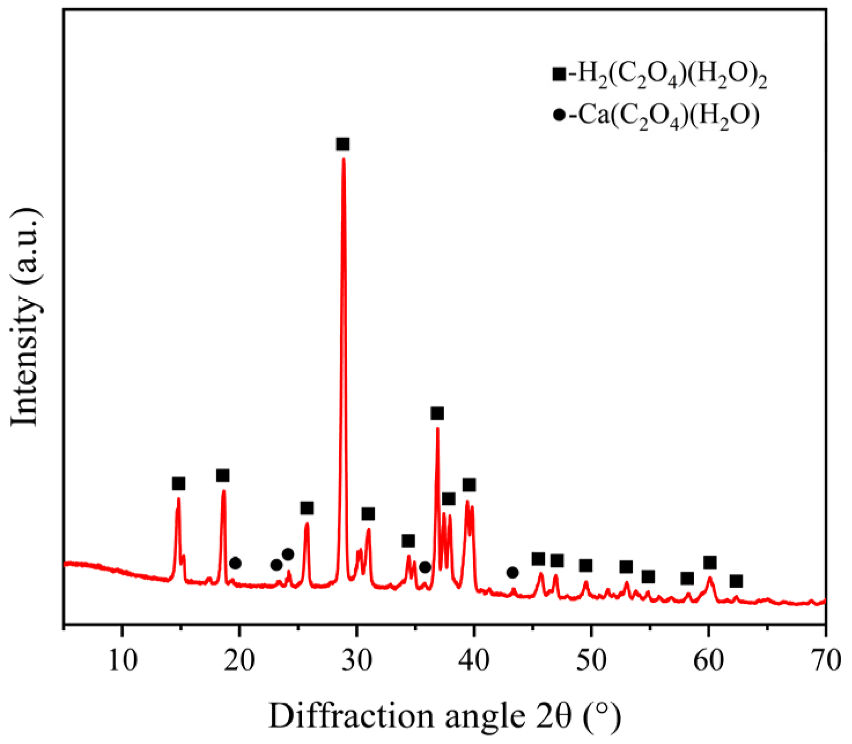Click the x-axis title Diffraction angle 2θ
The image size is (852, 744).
tap(444, 716)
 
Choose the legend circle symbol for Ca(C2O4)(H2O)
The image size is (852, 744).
tap(559, 115)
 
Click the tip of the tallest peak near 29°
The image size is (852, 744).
tap(344, 159)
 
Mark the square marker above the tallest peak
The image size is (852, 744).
tap(343, 144)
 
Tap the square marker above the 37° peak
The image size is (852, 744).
tap(437, 413)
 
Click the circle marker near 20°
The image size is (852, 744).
tap(235, 563)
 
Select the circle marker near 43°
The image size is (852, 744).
tap(512, 572)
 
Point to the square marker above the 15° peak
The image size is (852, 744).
tap(179, 483)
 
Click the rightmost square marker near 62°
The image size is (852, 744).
tap(736, 581)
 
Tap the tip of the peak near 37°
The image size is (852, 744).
tap(437, 428)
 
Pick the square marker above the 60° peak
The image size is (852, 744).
tap(710, 562)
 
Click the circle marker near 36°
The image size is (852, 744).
tap(425, 567)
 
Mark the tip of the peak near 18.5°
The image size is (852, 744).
tap(223, 491)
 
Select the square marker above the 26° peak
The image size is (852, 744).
tap(307, 508)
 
